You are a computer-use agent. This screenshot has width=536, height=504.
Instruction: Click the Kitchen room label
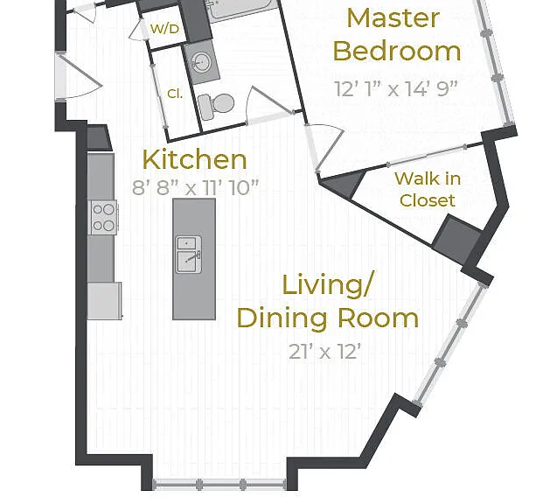pos(194,160)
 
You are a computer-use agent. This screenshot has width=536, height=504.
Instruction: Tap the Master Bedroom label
pos(396,34)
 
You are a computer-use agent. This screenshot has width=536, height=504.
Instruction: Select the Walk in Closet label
pos(428,189)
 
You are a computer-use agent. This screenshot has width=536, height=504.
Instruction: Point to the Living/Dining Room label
pos(328,302)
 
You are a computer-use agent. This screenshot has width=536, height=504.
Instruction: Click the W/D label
pos(164,29)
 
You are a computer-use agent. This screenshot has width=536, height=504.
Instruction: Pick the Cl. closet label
pos(175,94)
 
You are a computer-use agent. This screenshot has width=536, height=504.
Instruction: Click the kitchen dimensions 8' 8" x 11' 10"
pos(195,187)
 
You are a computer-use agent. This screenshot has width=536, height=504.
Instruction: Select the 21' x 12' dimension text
pos(324,352)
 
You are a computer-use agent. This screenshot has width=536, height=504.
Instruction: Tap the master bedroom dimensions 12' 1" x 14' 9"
pos(395,88)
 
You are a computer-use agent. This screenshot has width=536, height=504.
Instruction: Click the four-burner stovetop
pos(103,217)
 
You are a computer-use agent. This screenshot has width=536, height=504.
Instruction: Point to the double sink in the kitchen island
pos(188,255)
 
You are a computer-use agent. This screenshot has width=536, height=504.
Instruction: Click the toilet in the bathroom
pos(215,105)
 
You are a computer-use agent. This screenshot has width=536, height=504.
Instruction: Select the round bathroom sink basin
pos(202,63)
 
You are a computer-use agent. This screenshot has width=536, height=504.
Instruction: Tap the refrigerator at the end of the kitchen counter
pos(105,301)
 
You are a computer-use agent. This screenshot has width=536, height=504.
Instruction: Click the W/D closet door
pos(141,30)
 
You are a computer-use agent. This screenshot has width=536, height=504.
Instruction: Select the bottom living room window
pos(220,484)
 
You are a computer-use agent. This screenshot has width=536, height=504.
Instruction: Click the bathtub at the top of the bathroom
pos(242,10)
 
